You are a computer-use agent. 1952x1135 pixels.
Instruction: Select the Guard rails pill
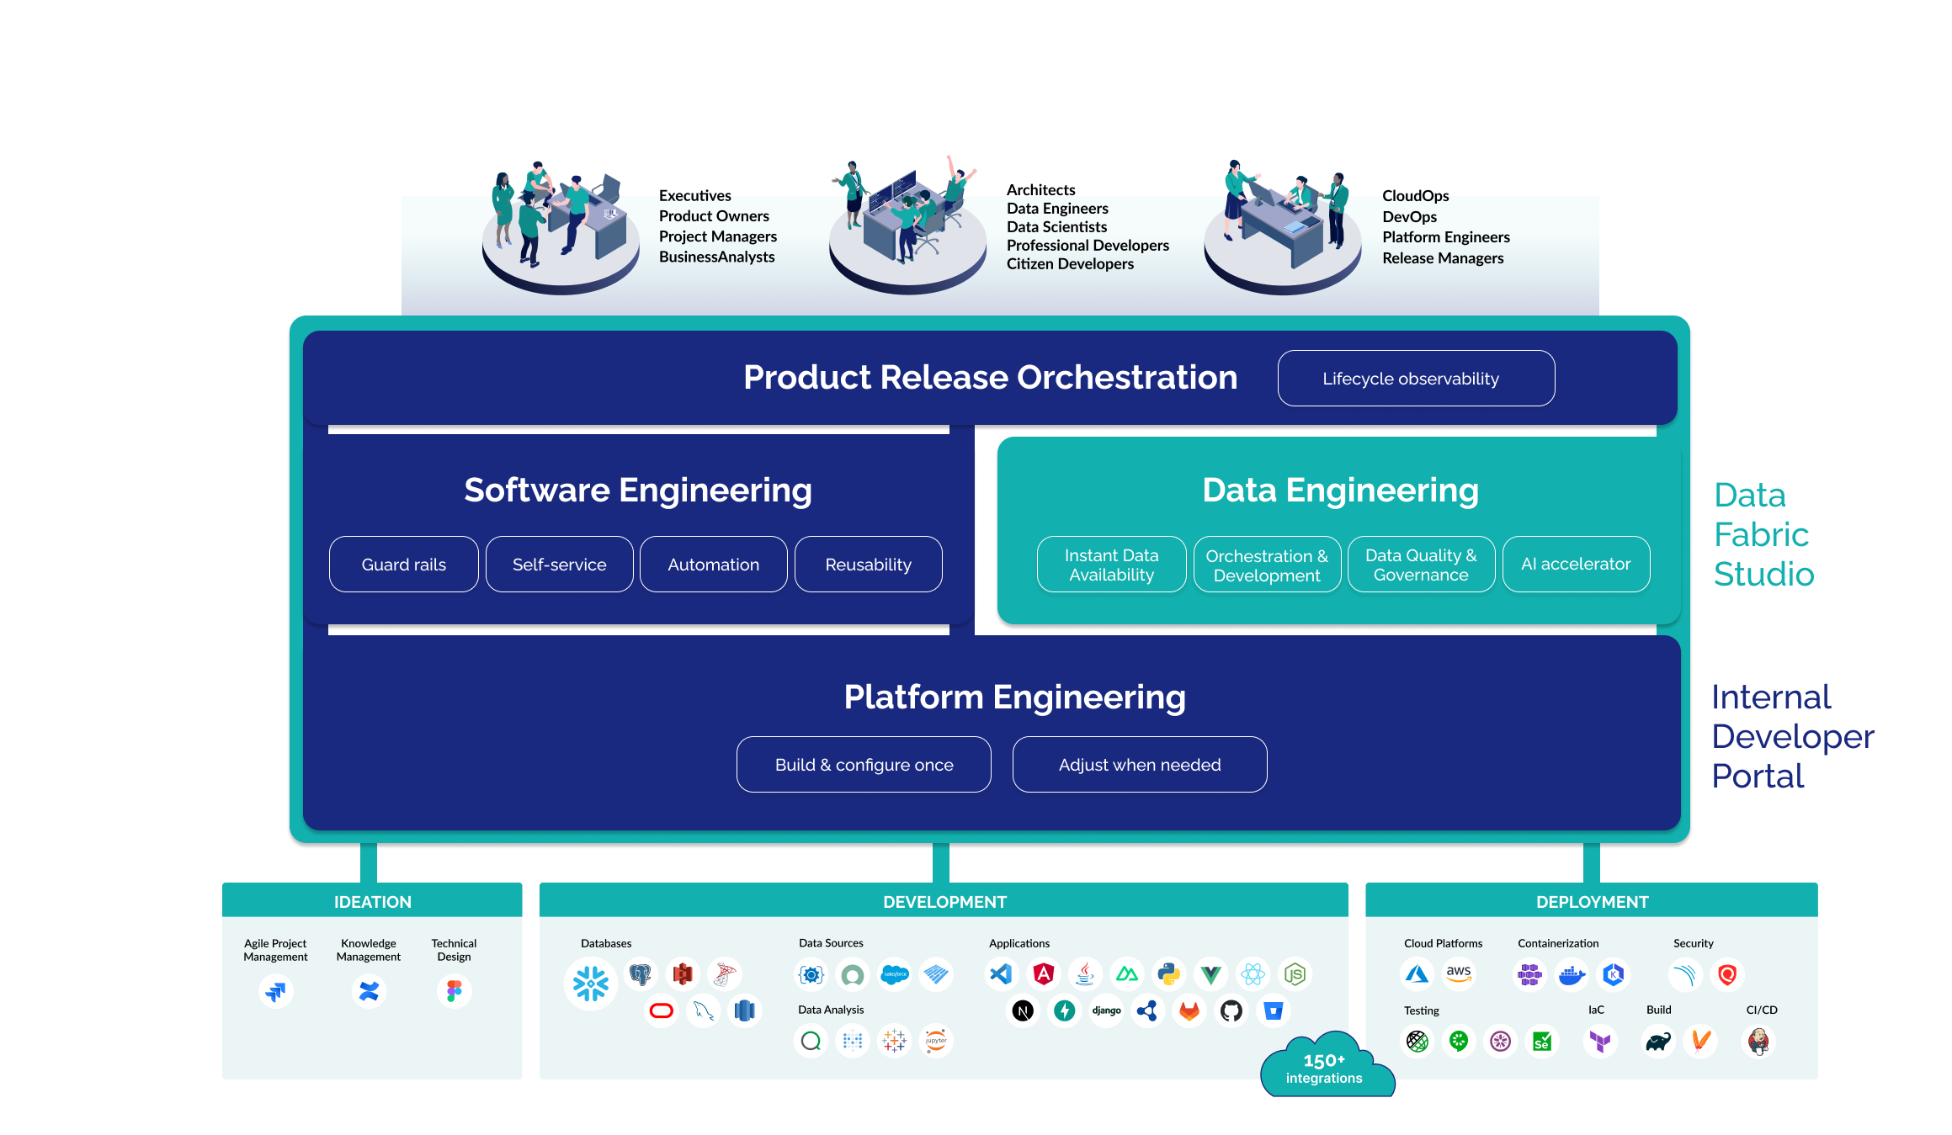(403, 565)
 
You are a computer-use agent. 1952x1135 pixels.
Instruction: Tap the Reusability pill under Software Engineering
(868, 565)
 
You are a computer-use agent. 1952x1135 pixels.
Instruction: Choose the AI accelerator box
(1575, 565)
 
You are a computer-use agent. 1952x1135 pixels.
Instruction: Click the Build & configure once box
(864, 765)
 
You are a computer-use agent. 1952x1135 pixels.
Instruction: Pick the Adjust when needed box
(1139, 765)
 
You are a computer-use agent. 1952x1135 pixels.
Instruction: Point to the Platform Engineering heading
(1014, 697)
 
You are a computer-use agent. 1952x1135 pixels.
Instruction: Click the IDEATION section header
(372, 902)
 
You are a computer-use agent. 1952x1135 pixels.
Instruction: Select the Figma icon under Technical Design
(454, 991)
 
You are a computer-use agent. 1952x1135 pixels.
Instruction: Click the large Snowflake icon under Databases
(590, 984)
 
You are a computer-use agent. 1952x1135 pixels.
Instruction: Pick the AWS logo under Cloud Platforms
(1459, 974)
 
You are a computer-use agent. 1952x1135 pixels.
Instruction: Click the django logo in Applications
(1106, 1010)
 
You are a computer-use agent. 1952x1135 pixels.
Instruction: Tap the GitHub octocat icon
(1231, 1010)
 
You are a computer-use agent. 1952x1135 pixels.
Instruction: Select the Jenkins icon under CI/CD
(1758, 1042)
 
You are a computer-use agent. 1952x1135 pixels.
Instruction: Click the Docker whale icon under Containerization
(1571, 975)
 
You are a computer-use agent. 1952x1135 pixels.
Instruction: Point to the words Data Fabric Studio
(1763, 535)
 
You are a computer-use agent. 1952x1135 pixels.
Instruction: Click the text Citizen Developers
(1070, 264)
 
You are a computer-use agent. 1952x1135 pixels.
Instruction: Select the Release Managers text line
(1442, 258)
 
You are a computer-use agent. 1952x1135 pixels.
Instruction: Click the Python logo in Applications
(1168, 974)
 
